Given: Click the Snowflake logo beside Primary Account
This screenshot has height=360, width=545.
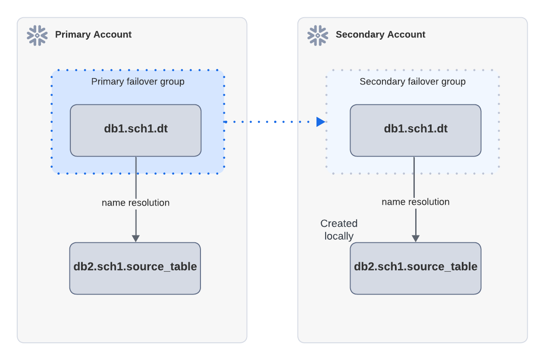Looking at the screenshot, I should (37, 35).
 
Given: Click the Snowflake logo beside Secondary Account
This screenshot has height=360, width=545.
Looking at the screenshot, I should (318, 35).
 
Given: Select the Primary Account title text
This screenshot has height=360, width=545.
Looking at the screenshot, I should (93, 34).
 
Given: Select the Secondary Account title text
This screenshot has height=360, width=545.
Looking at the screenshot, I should (380, 34).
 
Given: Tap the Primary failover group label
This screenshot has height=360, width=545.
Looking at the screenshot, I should (138, 81).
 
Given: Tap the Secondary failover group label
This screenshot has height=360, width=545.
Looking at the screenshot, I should (413, 81).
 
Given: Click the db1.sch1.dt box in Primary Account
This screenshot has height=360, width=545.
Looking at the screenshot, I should (135, 130).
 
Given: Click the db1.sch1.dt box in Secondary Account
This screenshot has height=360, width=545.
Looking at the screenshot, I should (415, 130).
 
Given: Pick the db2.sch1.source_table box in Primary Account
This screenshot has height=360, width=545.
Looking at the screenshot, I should (135, 268).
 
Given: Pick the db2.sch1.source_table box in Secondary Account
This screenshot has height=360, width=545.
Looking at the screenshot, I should (415, 268).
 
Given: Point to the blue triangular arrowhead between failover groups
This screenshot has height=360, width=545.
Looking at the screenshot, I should (320, 122).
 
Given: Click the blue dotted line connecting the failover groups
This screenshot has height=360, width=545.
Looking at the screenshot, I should (267, 122).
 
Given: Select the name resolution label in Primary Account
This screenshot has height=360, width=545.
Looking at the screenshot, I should (135, 203).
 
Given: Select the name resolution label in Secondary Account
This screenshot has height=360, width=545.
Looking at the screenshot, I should (415, 202).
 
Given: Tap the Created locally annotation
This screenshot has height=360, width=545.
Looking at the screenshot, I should (339, 230).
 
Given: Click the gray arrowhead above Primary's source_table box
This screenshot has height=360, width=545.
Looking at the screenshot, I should (135, 238).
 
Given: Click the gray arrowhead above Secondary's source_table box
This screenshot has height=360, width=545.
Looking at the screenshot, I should (416, 238).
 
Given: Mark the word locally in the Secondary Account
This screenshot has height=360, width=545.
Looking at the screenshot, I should (339, 236).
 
